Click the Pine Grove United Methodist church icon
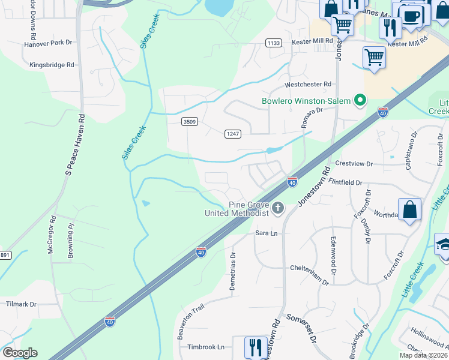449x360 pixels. [277, 208]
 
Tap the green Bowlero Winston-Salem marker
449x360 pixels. [360, 100]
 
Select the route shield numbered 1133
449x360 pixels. [274, 43]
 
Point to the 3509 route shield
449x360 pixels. [190, 122]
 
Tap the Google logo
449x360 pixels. [20, 353]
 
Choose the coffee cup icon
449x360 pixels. [411, 16]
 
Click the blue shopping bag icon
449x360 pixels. [409, 211]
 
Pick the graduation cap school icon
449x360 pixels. [443, 245]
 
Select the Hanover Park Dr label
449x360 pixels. [48, 43]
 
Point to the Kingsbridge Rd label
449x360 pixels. [52, 64]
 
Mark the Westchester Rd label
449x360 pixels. [309, 85]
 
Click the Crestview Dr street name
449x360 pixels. [354, 164]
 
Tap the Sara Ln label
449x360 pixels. [268, 232]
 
